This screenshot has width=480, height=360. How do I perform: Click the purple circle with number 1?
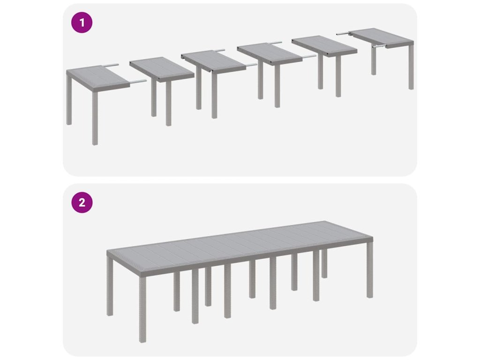(x=82, y=22)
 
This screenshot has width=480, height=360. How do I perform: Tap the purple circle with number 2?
(x=82, y=202)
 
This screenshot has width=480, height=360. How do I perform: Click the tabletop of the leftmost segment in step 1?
(x=98, y=78)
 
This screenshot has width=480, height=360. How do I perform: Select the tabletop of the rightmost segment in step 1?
(x=382, y=37)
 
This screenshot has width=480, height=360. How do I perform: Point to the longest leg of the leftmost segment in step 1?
(x=95, y=118)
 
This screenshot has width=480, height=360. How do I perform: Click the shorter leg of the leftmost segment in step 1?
(x=69, y=100)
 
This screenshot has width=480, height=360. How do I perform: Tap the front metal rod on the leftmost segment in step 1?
(x=138, y=82)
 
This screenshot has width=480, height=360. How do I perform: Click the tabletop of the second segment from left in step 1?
(x=162, y=69)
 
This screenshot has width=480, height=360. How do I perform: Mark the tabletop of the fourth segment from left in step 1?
(x=270, y=54)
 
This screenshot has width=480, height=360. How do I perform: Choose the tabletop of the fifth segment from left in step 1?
(x=324, y=46)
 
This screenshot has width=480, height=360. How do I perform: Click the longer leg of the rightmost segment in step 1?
(x=411, y=67)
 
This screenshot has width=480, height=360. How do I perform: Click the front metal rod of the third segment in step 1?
(x=252, y=65)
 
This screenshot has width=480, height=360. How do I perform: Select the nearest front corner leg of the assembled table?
(x=142, y=309)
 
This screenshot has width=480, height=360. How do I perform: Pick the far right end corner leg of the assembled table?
(x=370, y=270)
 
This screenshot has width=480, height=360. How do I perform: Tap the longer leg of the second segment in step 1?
(x=169, y=104)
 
